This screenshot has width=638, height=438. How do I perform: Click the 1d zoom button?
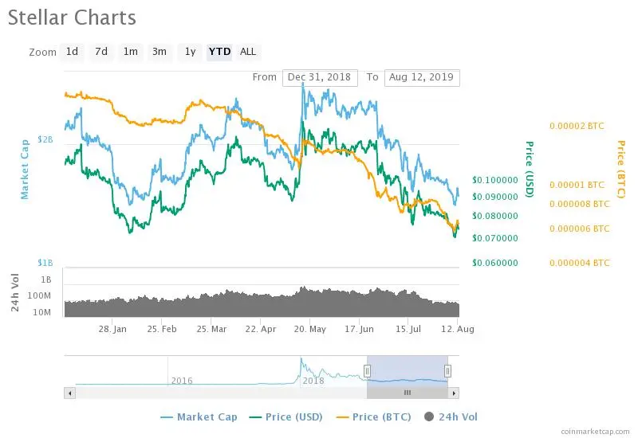pyautogui.click(x=72, y=52)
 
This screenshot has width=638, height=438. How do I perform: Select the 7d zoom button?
pyautogui.click(x=101, y=52)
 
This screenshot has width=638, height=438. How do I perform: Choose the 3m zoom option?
pyautogui.click(x=159, y=52)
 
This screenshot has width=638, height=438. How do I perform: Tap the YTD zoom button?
pyautogui.click(x=219, y=52)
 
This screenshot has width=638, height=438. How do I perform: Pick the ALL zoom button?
pyautogui.click(x=248, y=52)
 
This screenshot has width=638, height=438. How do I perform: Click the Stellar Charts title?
pyautogui.click(x=72, y=18)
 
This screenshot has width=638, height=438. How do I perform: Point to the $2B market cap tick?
pyautogui.click(x=45, y=139)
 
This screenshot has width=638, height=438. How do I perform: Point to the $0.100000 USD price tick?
pyautogui.click(x=495, y=180)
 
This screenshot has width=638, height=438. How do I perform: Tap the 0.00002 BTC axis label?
pyautogui.click(x=577, y=126)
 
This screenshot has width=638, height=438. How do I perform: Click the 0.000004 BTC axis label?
pyautogui.click(x=579, y=263)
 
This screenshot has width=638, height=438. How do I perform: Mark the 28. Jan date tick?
pyautogui.click(x=112, y=328)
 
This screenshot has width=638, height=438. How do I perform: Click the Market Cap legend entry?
pyautogui.click(x=199, y=416)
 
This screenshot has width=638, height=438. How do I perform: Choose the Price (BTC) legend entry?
pyautogui.click(x=373, y=416)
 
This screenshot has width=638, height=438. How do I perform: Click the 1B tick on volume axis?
pyautogui.click(x=46, y=280)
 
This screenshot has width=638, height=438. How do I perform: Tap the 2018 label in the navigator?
pyautogui.click(x=313, y=381)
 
